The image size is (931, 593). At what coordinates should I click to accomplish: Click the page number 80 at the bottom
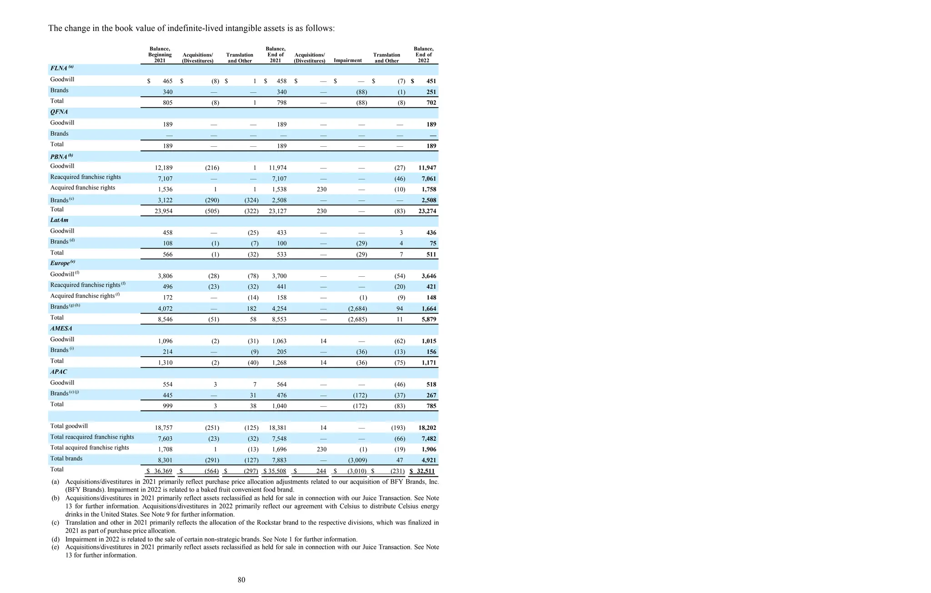(241, 580)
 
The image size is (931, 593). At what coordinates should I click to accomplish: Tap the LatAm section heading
(59, 220)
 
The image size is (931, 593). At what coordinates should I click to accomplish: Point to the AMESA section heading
(61, 329)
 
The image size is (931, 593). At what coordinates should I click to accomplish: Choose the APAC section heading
(59, 372)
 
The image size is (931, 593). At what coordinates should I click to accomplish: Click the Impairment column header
(348, 60)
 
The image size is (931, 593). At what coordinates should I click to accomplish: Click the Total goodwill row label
(69, 426)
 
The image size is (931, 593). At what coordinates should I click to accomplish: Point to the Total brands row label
(66, 458)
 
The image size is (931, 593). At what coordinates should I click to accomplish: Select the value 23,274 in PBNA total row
(427, 211)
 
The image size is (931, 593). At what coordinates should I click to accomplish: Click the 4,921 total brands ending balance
(429, 460)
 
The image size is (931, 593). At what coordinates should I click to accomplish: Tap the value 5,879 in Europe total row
(429, 319)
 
